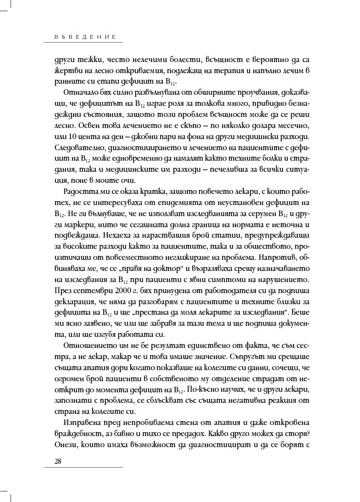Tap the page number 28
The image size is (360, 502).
[x=58, y=462]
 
